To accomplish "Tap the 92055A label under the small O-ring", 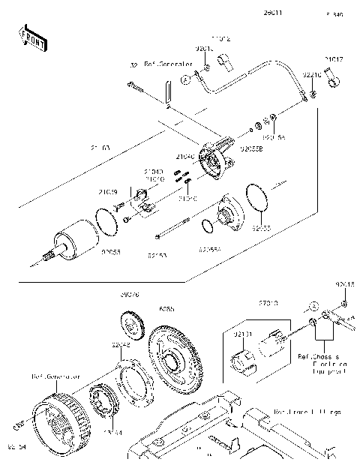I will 210,247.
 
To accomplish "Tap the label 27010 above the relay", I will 269,303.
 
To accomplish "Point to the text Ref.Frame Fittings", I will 307,412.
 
